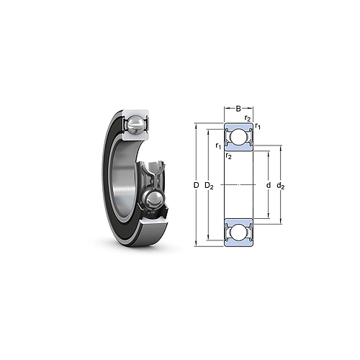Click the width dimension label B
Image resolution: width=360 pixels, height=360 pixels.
(238, 109)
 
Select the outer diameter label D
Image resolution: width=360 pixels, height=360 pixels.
(196, 186)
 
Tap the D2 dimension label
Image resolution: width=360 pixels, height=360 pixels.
(210, 186)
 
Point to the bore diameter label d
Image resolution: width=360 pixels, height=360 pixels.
(268, 186)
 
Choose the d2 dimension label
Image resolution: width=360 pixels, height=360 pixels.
(281, 186)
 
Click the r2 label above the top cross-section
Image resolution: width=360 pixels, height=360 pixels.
(247, 118)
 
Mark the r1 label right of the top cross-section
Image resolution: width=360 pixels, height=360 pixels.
(258, 127)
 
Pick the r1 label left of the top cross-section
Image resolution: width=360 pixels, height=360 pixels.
(218, 146)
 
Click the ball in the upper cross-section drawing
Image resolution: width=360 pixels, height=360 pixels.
(238, 137)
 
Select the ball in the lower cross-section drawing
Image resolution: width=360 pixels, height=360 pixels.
(238, 233)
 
